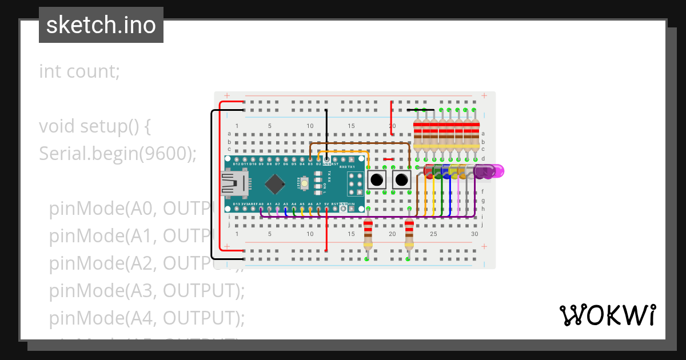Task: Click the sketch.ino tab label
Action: pos(101,25)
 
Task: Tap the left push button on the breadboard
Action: pos(377,179)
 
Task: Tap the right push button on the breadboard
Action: pos(402,179)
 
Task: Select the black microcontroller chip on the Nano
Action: pos(276,183)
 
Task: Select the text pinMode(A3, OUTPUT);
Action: pos(147,291)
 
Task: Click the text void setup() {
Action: pos(94,126)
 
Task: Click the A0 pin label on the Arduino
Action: pos(261,203)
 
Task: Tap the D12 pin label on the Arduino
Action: pos(236,164)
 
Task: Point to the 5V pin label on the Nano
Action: pos(326,203)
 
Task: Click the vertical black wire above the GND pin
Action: pos(326,131)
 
